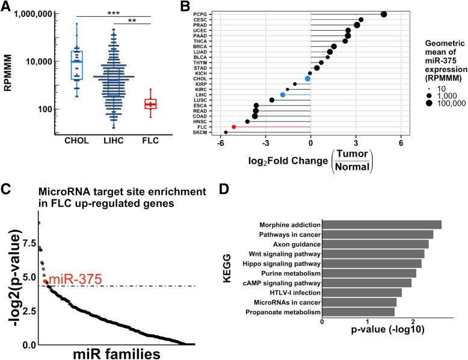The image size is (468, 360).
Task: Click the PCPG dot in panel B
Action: [x=384, y=14]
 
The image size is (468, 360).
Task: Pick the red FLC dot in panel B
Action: [x=233, y=126]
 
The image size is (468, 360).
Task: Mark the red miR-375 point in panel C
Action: [x=46, y=281]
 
